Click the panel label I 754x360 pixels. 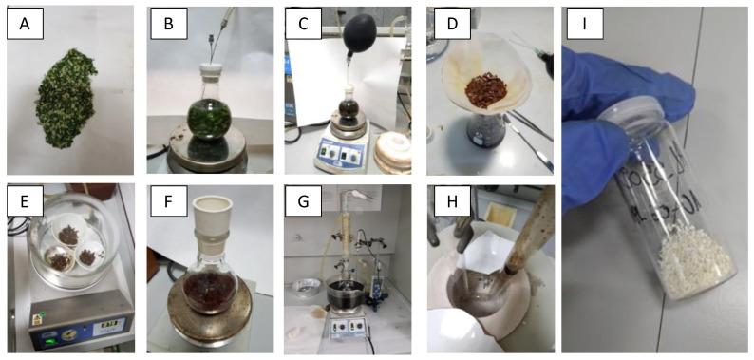[x=585, y=28]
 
